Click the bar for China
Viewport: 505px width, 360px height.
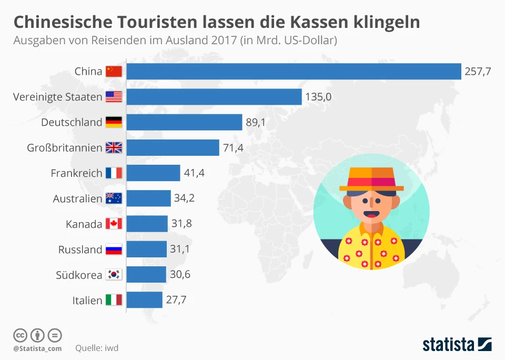(294, 71)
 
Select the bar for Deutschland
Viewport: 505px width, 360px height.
(184, 122)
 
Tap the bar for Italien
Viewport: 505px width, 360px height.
(144, 300)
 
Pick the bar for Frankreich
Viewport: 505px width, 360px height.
(153, 173)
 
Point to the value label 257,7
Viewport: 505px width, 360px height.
(478, 72)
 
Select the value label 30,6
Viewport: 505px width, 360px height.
(180, 275)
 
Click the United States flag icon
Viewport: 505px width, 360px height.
(114, 97)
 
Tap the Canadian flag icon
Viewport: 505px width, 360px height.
(114, 224)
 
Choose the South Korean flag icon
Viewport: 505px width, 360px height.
(114, 275)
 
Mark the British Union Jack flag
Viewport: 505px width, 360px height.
(114, 148)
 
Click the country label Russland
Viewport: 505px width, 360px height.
(80, 249)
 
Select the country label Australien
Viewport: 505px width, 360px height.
(77, 198)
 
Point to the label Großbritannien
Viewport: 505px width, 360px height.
(64, 148)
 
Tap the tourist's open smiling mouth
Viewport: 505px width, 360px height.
(371, 214)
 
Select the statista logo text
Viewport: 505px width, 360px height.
(449, 345)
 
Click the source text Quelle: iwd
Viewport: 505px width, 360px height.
(97, 348)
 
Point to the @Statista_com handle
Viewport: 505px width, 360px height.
(37, 348)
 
